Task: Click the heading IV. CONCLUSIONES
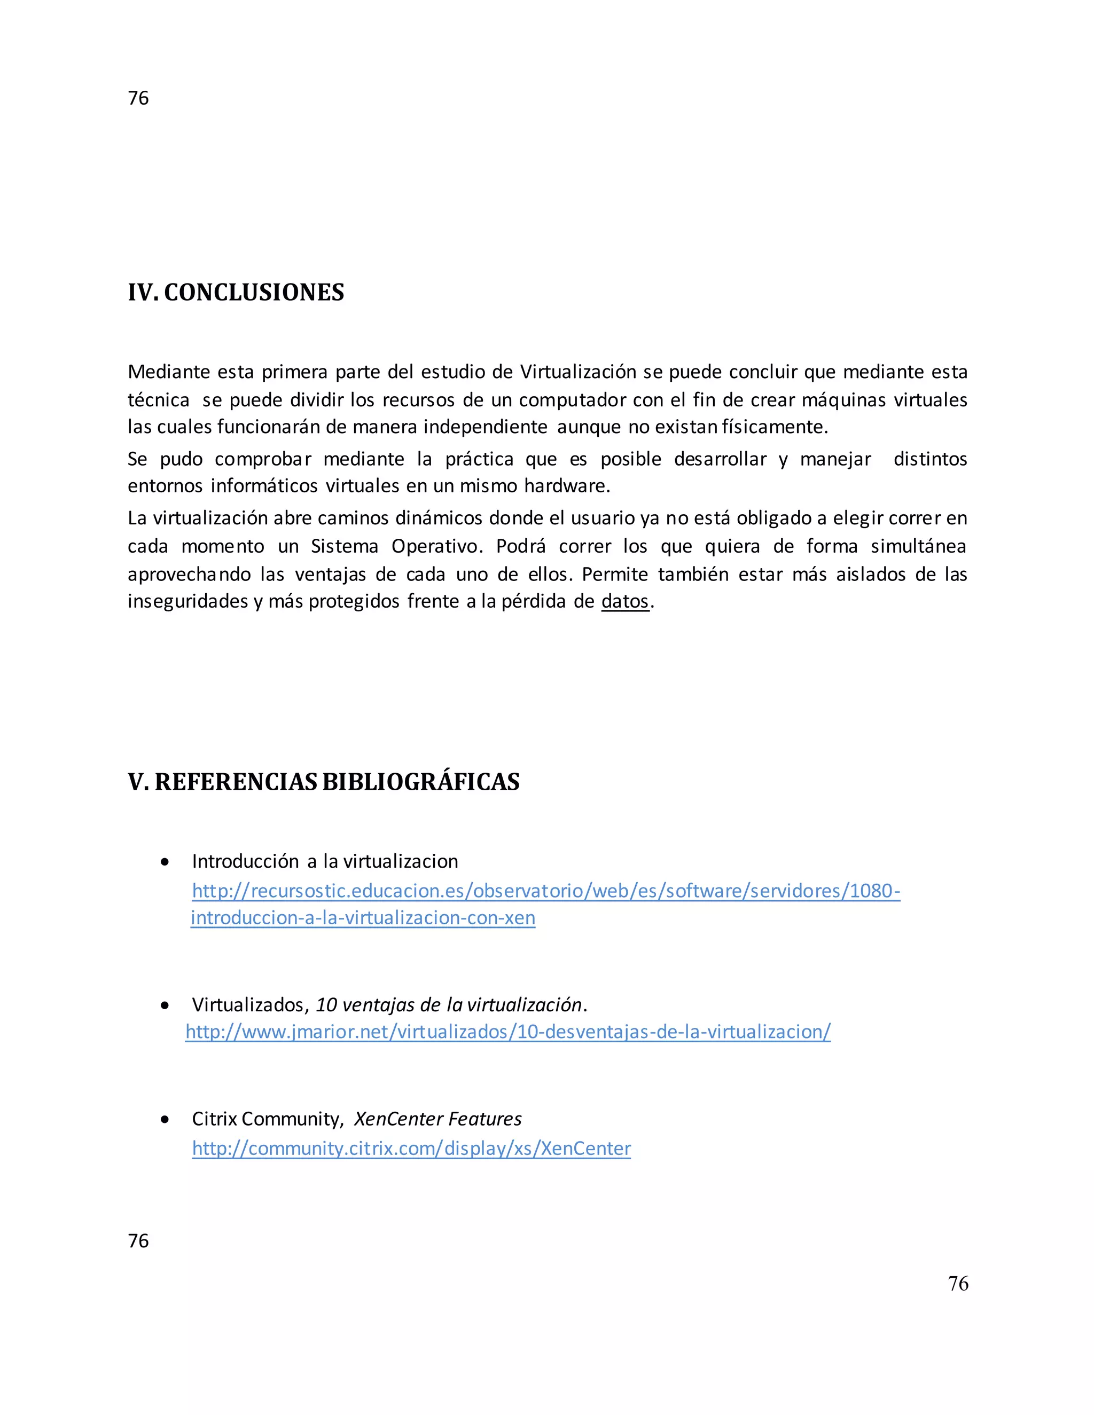pos(236,292)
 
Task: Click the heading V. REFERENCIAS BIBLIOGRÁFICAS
pos(323,782)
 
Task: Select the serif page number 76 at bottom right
pos(957,1284)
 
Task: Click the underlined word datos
pos(625,601)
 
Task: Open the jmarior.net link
pos(507,1032)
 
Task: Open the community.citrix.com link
pos(411,1148)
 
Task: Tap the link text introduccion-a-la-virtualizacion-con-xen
pos(363,917)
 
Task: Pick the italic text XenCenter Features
pos(437,1119)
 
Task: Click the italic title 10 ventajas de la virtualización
pos(449,1005)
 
